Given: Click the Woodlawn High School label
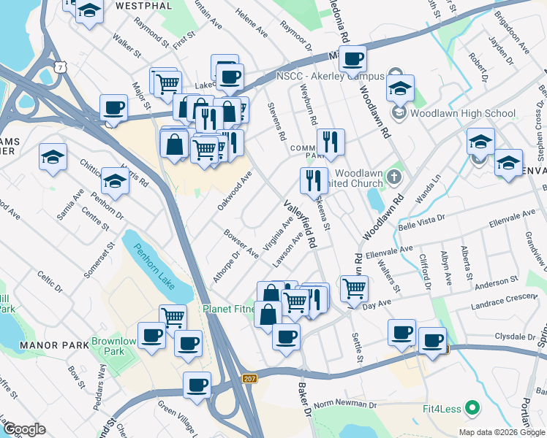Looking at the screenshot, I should pos(455,113).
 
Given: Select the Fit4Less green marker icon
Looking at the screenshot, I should pos(473,407).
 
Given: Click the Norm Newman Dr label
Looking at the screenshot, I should pos(344,404).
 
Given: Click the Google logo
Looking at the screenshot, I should pos(24,429).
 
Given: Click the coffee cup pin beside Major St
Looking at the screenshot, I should pos(113,108).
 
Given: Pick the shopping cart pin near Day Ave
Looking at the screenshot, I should pos(355,288).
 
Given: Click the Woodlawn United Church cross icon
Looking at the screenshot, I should pos(393,177).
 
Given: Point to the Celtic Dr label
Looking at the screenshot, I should pos(52,286).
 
